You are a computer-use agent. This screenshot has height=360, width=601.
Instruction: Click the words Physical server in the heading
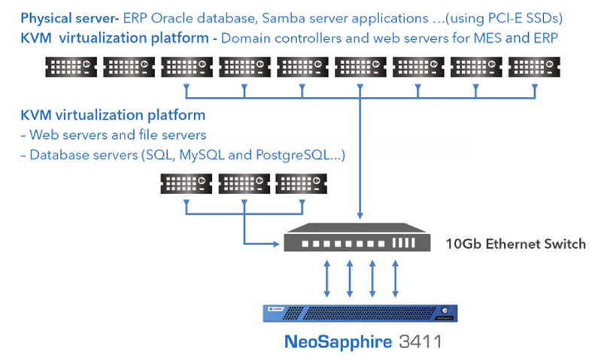click(68, 19)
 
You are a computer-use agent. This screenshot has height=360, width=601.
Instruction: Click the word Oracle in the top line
click(171, 18)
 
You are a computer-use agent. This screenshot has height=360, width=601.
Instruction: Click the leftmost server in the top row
click(71, 67)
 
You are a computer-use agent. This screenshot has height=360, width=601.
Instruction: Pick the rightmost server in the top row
click(534, 67)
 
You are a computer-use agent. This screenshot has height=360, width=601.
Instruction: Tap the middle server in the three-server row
click(244, 183)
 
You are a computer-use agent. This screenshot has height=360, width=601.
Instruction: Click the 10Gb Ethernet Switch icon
click(357, 237)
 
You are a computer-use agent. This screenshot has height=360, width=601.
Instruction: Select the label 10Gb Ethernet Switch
click(515, 244)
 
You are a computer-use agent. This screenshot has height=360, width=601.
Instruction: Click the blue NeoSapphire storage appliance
click(360, 313)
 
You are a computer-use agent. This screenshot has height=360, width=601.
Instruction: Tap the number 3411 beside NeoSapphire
click(420, 342)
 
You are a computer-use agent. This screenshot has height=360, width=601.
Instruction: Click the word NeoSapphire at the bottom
click(338, 342)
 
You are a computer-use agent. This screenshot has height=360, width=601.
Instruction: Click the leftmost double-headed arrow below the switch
click(327, 279)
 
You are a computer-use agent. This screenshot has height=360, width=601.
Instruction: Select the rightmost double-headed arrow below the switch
click(396, 279)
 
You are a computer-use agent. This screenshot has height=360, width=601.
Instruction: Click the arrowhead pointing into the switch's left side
click(276, 244)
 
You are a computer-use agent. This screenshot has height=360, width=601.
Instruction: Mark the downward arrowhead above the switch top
click(360, 216)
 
